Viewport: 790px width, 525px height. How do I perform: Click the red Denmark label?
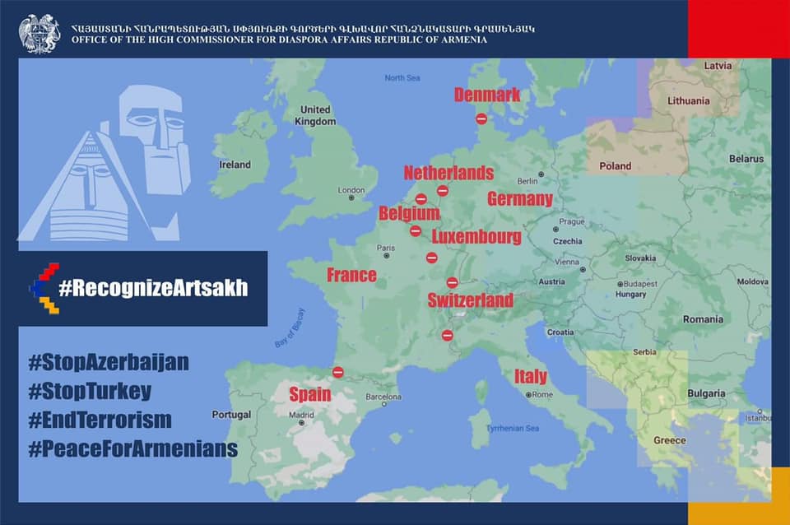(x=487, y=95)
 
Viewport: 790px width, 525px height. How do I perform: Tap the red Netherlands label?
(x=448, y=173)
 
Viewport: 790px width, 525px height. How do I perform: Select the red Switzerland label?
(x=470, y=300)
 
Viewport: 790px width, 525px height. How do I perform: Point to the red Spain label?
(x=309, y=394)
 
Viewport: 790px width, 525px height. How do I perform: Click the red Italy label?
(x=531, y=377)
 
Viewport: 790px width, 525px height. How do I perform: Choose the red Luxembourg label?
(x=476, y=237)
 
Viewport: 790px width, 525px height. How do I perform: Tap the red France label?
(x=351, y=275)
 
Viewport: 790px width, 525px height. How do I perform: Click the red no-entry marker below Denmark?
(x=481, y=118)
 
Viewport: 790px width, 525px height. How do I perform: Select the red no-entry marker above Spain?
(x=337, y=372)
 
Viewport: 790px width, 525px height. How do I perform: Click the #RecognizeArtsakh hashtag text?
(x=153, y=288)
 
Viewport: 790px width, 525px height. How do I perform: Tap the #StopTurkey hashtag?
(x=90, y=391)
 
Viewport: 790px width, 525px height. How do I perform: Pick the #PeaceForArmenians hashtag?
(x=132, y=448)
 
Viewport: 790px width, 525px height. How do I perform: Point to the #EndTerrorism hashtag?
(x=100, y=420)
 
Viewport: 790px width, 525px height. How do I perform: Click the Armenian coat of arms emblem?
(x=39, y=34)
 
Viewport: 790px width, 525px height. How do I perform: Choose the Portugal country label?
(x=231, y=415)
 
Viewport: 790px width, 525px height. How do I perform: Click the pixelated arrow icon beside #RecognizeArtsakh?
(x=44, y=288)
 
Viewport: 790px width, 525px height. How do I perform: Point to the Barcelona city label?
(x=382, y=396)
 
